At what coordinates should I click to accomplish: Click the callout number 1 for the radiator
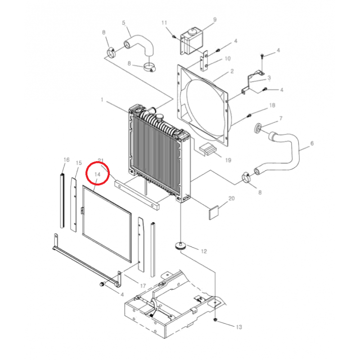pyautogui.click(x=102, y=99)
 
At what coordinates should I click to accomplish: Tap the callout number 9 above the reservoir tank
pyautogui.click(x=215, y=20)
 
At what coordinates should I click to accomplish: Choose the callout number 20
pyautogui.click(x=232, y=198)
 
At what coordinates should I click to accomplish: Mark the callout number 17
pyautogui.click(x=143, y=286)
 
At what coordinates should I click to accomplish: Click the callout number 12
pyautogui.click(x=204, y=251)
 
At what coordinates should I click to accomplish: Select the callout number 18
pyautogui.click(x=271, y=105)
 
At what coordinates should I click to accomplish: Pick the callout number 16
pyautogui.click(x=67, y=160)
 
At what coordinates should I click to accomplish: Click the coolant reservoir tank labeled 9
pyautogui.click(x=191, y=39)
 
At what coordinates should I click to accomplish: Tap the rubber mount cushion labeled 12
pyautogui.click(x=181, y=245)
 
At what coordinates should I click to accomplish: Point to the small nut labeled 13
pyautogui.click(x=216, y=320)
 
